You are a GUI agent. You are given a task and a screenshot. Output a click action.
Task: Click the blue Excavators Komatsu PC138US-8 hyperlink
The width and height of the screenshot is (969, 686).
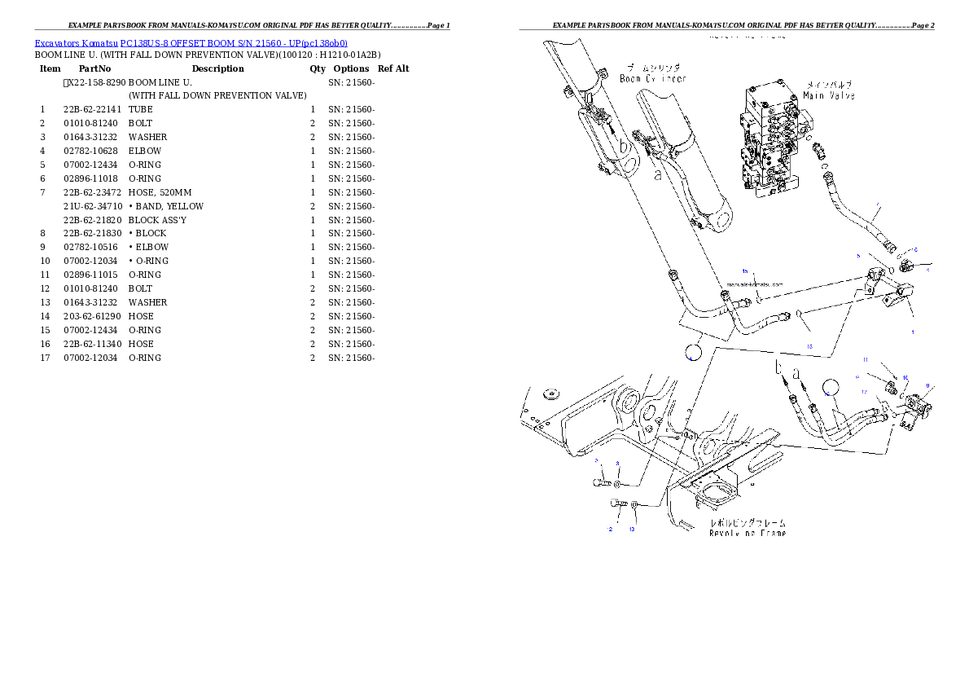click(191, 42)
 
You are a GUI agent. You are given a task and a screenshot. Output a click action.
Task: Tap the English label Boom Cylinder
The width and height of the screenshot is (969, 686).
click(652, 78)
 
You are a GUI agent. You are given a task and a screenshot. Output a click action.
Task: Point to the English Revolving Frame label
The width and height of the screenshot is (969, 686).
click(747, 532)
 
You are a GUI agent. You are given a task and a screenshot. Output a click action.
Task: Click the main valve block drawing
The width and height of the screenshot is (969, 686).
click(770, 143)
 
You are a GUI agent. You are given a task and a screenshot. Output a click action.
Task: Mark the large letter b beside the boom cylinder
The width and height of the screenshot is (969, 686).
click(623, 147)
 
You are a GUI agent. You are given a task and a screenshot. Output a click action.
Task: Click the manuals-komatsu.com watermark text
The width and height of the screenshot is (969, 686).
click(754, 284)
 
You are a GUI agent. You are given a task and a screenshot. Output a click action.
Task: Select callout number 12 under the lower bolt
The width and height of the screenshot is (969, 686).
click(608, 530)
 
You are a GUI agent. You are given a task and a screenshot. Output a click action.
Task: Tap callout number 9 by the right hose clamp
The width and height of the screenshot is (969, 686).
click(927, 385)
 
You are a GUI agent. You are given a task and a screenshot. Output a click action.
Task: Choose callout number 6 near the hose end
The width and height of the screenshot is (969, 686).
click(914, 250)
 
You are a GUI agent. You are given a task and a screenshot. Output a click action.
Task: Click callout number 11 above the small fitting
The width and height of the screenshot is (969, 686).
click(866, 359)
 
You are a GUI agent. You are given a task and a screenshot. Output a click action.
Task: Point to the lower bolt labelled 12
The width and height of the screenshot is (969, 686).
click(618, 504)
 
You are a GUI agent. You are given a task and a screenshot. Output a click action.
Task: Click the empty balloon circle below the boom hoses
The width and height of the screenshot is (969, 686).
click(691, 351)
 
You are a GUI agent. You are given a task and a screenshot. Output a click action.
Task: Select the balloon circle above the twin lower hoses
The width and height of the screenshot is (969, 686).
click(829, 388)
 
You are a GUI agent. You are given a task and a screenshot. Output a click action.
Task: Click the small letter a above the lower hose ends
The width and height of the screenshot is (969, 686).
click(797, 372)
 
